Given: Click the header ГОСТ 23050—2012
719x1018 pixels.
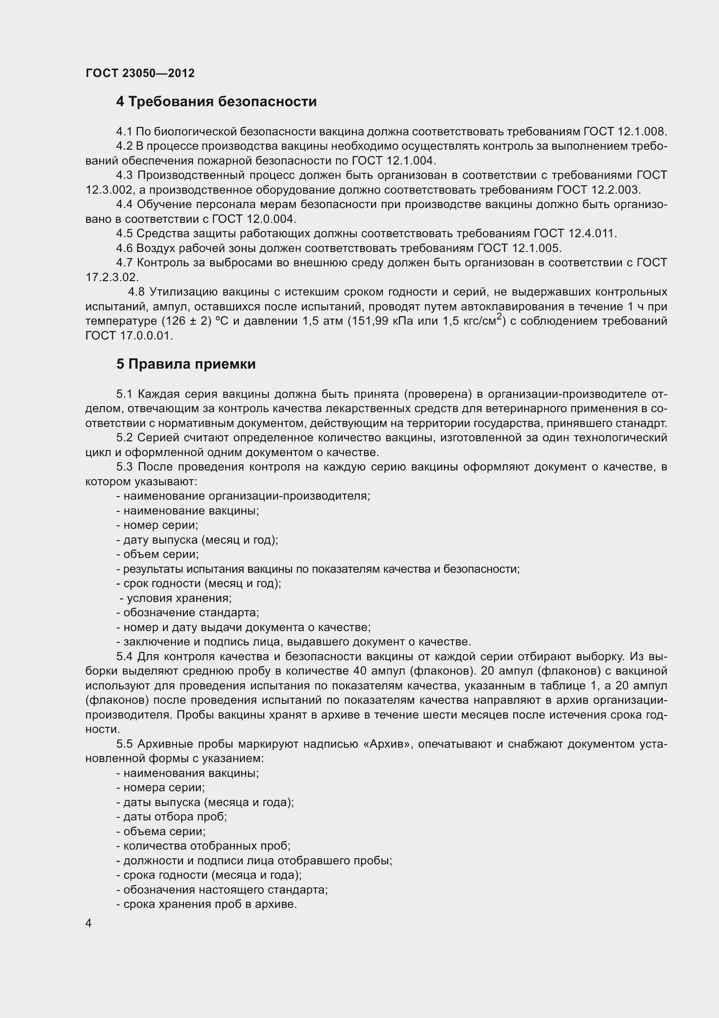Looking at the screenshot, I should (x=140, y=73).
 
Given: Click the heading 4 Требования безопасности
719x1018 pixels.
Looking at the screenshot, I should (x=216, y=102).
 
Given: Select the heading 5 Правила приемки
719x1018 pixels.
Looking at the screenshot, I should (x=186, y=364).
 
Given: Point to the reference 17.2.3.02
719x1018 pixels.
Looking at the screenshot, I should (x=112, y=278).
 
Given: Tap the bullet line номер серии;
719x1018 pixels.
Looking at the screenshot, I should (x=157, y=525).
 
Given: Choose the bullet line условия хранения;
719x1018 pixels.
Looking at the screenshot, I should (x=176, y=598).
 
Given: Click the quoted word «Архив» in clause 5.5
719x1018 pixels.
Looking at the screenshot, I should (x=387, y=744).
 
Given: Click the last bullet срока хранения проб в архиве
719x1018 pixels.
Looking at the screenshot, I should (x=207, y=904).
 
